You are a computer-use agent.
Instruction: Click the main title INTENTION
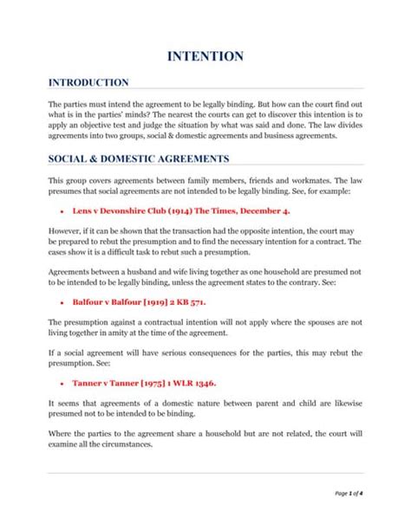(x=205, y=57)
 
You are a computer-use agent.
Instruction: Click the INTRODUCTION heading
(x=88, y=82)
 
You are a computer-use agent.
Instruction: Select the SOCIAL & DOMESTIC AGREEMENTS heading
(x=139, y=159)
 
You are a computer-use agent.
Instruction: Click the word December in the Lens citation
(x=264, y=210)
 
